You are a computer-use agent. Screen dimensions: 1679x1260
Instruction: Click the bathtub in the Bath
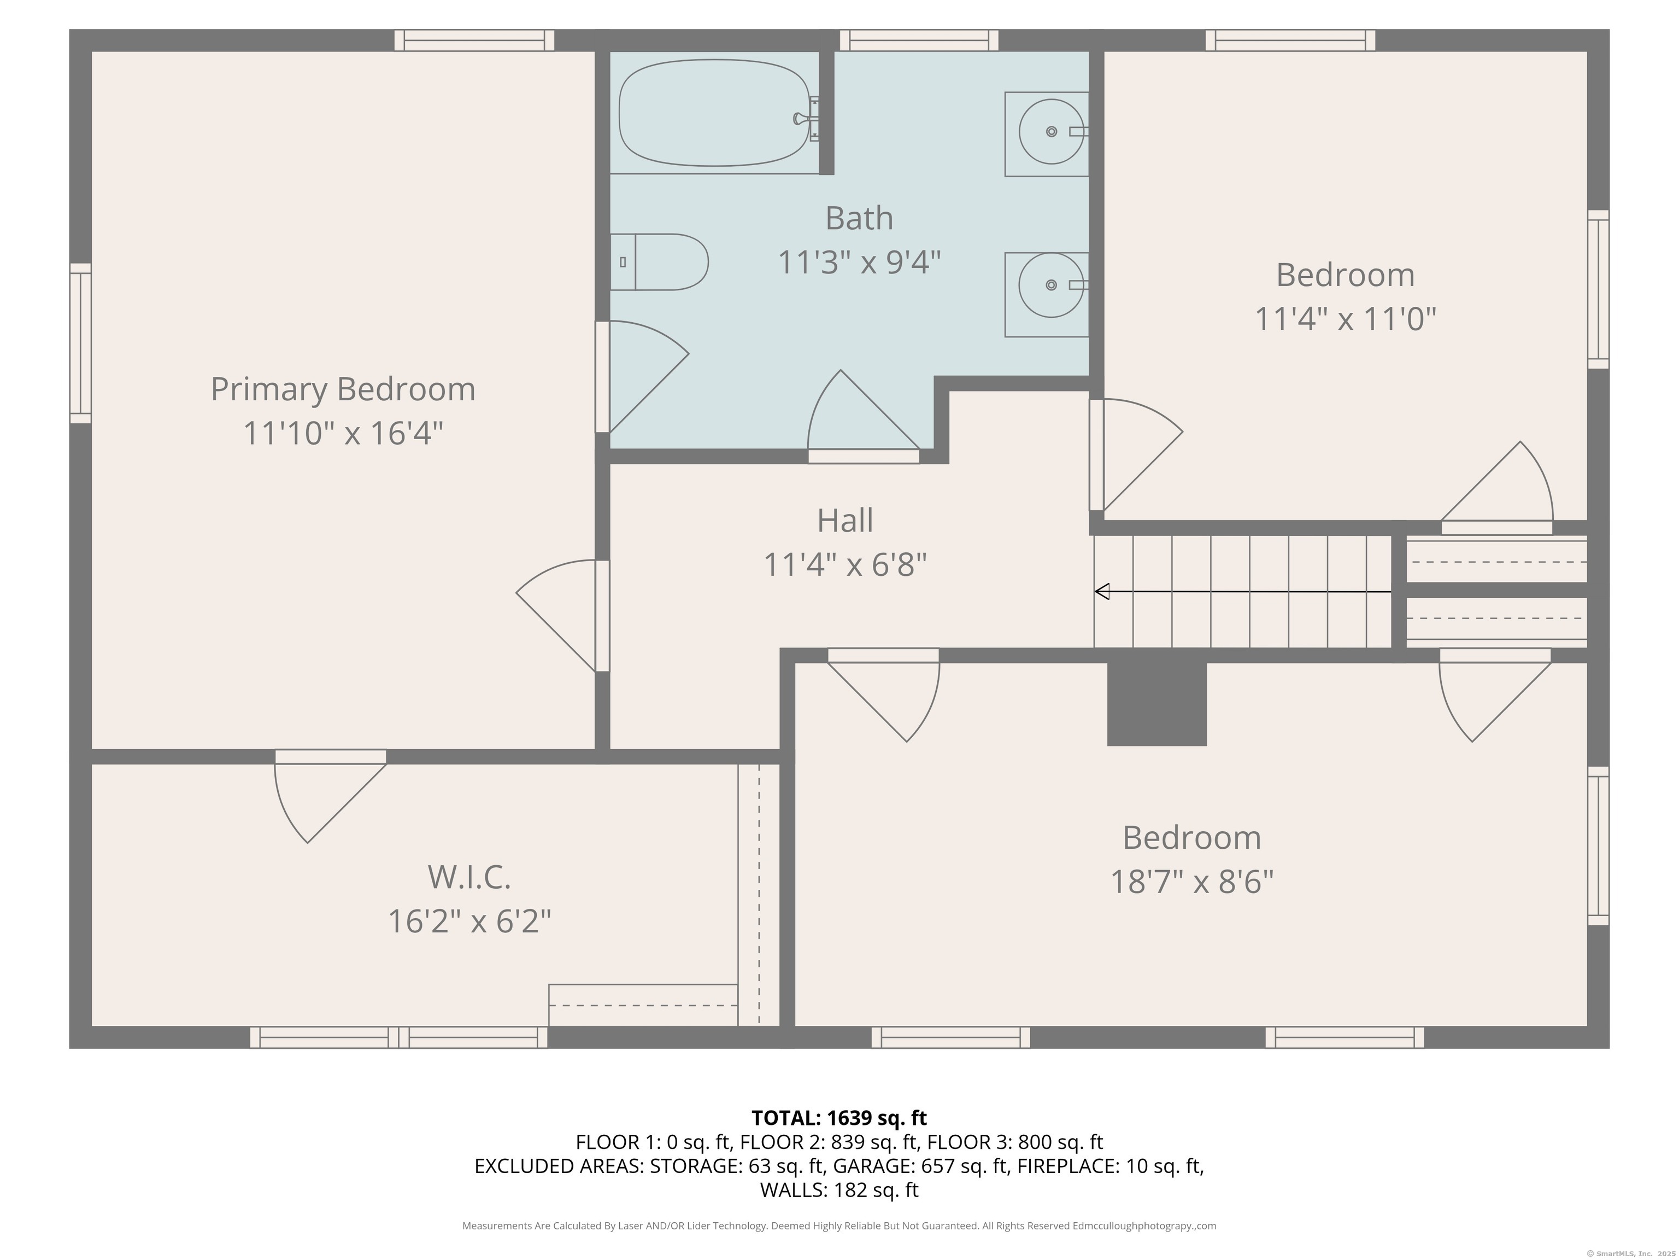click(x=715, y=113)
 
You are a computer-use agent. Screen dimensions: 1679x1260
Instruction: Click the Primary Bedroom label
click(x=343, y=389)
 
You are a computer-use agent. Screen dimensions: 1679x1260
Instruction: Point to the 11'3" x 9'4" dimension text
click(x=859, y=263)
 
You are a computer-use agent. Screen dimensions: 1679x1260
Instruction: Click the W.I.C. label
click(x=469, y=877)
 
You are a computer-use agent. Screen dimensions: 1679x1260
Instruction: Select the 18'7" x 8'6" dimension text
click(x=1191, y=882)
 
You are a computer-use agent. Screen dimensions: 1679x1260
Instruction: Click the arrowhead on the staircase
click(x=1101, y=591)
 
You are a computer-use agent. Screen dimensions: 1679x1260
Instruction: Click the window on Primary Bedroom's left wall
click(x=80, y=343)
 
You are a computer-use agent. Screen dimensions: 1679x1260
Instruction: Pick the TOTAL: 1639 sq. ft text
click(x=839, y=1118)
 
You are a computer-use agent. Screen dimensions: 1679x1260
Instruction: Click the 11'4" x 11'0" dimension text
click(x=1345, y=319)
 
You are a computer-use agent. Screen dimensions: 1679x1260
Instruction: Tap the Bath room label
click(x=859, y=218)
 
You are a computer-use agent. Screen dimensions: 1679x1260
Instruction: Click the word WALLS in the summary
click(x=793, y=1189)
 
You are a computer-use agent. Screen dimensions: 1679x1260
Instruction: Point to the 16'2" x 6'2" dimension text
click(x=469, y=921)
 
